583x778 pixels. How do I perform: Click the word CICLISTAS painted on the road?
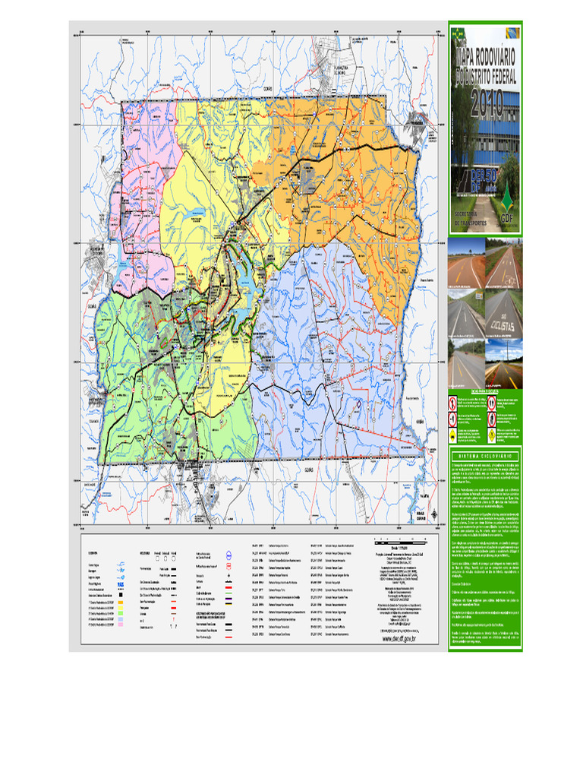(x=503, y=324)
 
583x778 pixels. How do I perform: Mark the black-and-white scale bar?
(x=400, y=543)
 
